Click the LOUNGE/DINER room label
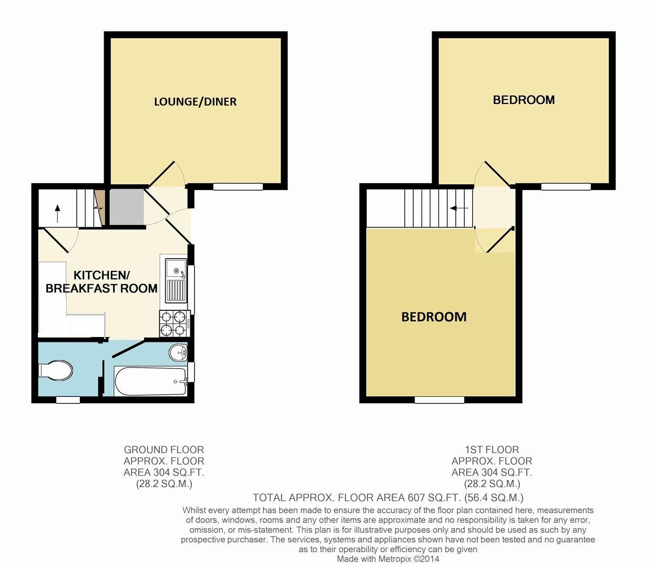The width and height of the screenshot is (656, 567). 195,102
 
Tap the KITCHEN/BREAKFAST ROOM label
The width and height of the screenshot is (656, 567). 101,282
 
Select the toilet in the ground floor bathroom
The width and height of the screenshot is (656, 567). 56,371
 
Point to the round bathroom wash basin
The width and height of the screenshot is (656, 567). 178,352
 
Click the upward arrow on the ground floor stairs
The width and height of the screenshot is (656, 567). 57,213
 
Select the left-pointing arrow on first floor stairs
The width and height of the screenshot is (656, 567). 458,208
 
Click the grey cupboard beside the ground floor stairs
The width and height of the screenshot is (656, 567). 126,207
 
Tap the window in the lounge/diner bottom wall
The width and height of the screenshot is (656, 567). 238,186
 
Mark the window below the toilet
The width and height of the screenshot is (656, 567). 68,400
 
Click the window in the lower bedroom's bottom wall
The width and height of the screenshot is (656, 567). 439,400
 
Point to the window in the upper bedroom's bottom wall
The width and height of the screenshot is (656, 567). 566,186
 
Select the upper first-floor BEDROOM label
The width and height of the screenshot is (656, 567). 524,100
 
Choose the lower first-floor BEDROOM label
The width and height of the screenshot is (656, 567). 434,317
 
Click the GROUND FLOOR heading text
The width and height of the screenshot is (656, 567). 163,450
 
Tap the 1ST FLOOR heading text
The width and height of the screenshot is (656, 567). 491,450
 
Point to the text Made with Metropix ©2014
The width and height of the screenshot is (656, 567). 387,559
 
